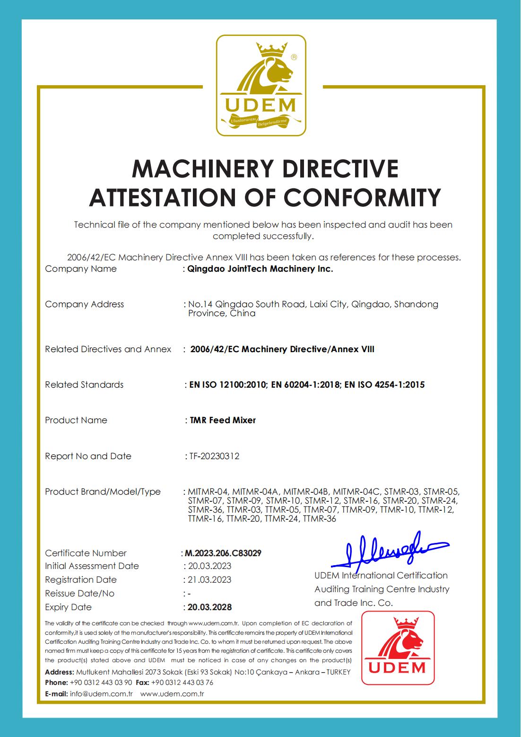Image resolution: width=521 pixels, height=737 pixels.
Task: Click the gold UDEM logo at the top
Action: coord(261,85)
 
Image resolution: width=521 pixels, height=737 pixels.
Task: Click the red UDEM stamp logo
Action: coord(398,648)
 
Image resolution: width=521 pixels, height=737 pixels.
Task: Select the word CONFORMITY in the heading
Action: coord(363,197)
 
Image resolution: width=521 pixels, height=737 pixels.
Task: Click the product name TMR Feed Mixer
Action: coord(223,420)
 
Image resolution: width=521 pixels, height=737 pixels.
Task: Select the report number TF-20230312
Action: coord(214,456)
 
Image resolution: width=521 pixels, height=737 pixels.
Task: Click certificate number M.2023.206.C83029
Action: coord(223,553)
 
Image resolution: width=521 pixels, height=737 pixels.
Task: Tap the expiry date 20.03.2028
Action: coord(210,607)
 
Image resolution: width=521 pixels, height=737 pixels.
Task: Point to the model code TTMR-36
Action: coord(320,519)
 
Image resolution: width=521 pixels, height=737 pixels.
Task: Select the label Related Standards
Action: coord(84,385)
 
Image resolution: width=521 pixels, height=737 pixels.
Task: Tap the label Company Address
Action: coord(84,304)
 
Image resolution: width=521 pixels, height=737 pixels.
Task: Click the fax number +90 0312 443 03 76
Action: coord(182,683)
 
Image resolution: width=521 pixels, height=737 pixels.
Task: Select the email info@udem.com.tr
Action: coord(101,694)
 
